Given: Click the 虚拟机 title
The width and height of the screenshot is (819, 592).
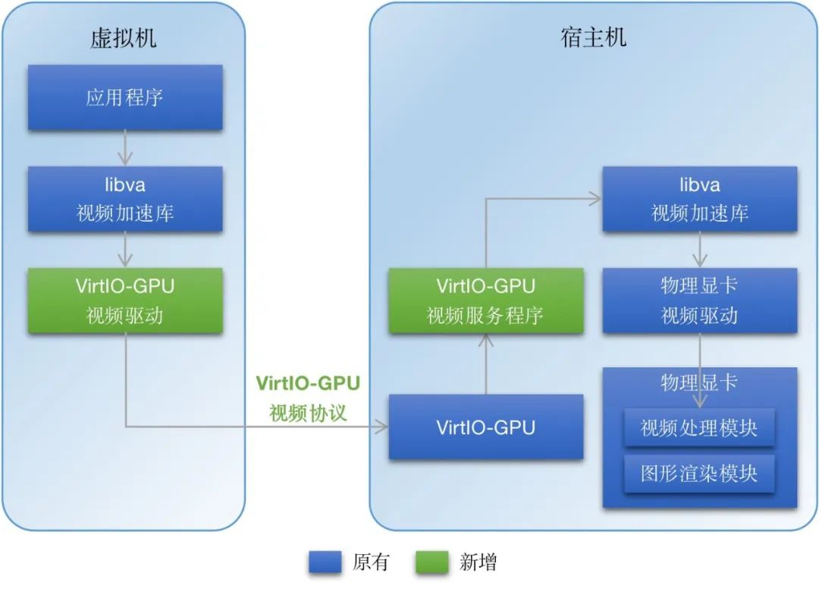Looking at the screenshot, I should [124, 38].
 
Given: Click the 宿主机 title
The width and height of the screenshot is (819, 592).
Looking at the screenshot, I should [594, 37].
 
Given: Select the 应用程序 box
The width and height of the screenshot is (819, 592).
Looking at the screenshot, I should [125, 97].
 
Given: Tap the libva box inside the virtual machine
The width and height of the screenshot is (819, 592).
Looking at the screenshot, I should [125, 199].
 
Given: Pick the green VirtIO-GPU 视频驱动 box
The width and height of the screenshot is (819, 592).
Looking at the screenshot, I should [125, 301].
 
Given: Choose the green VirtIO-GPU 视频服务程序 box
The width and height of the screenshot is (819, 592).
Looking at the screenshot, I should [486, 301].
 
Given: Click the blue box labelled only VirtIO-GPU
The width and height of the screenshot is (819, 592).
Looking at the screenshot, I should [486, 427].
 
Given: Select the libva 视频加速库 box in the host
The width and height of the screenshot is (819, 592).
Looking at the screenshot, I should [700, 199].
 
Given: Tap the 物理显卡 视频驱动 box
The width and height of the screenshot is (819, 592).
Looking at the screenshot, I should [700, 301].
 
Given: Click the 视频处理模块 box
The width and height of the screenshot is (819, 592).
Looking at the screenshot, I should [699, 428].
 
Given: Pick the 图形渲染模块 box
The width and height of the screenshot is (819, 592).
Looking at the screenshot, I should [699, 474].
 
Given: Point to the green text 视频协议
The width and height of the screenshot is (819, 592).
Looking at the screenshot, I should [308, 414].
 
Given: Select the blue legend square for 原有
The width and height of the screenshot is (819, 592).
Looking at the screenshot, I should [326, 562].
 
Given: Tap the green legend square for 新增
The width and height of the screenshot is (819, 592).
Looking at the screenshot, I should [433, 562].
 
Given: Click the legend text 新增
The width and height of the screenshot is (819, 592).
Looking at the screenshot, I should [479, 562].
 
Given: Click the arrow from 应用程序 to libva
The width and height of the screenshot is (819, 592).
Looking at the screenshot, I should [126, 148].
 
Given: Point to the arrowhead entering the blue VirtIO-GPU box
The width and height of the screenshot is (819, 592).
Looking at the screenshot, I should [382, 427].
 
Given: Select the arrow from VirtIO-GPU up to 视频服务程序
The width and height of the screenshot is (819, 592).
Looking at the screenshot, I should [486, 364].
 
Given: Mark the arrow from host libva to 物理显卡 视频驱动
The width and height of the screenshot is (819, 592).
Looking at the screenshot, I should [700, 250].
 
